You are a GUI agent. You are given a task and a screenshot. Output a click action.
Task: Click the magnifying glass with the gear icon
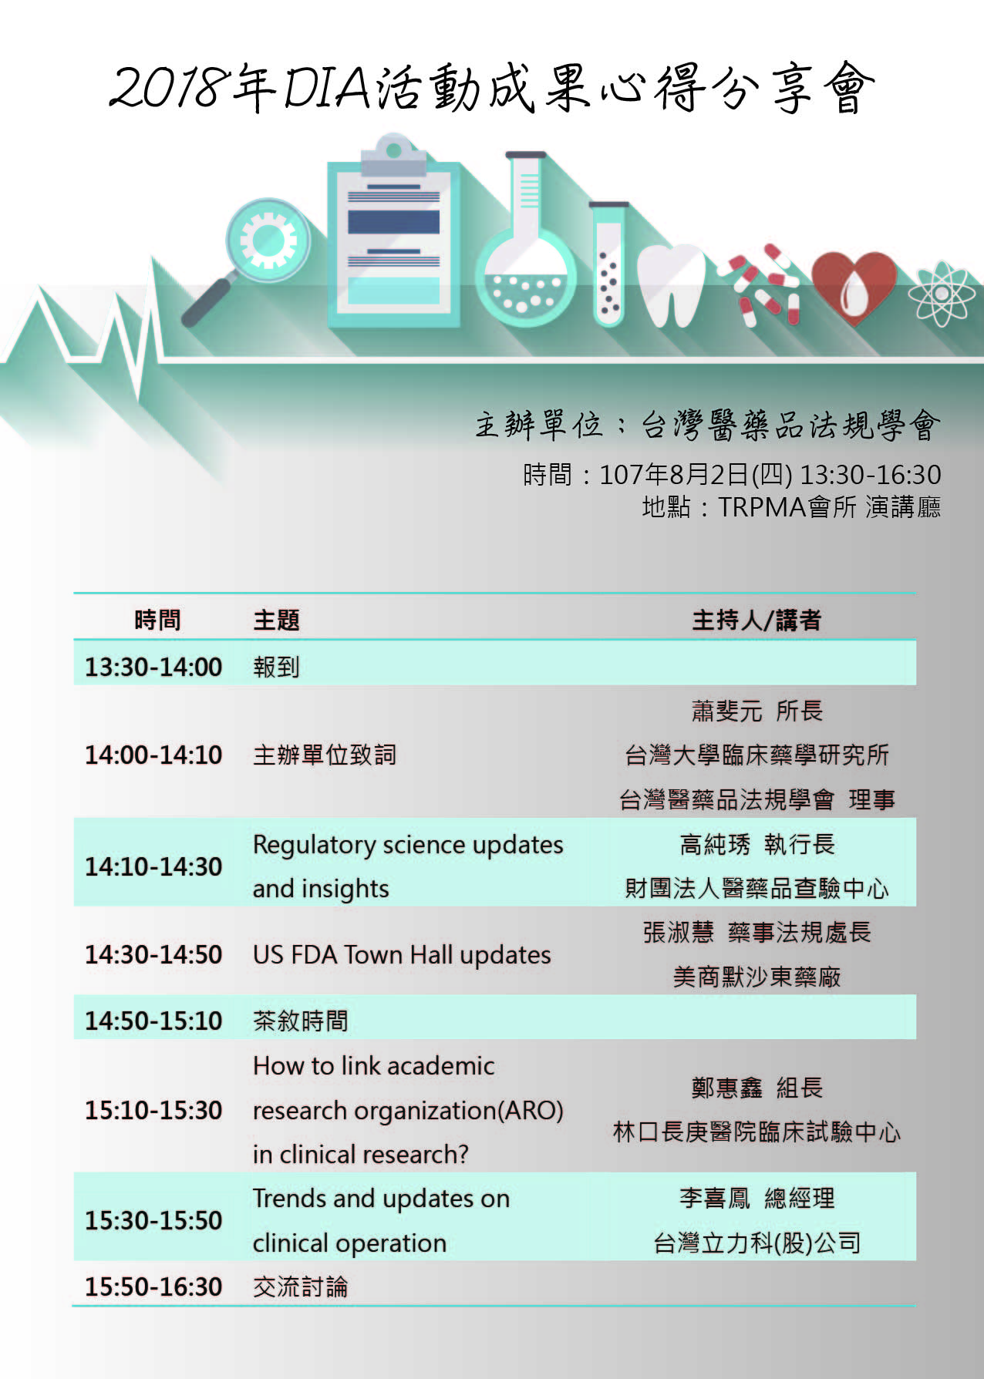[x=254, y=254]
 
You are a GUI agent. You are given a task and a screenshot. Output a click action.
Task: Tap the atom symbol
[x=941, y=294]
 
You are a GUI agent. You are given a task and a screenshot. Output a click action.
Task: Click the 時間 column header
[x=157, y=620]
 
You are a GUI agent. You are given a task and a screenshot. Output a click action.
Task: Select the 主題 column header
[x=276, y=620]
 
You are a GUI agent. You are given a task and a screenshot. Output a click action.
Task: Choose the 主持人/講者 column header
[x=757, y=620]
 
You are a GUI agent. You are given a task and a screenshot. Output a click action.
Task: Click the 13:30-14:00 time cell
[x=153, y=667]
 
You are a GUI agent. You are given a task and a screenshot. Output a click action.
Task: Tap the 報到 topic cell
[x=276, y=667]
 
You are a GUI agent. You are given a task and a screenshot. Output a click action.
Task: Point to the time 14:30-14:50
[x=153, y=955]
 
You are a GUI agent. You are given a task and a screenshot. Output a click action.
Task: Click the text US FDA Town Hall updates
[x=402, y=955]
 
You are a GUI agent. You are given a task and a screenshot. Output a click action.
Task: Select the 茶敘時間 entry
[x=300, y=1021]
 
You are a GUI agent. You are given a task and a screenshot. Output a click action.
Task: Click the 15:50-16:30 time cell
[x=153, y=1287]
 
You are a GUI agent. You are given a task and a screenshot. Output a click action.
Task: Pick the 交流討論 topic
[x=300, y=1287]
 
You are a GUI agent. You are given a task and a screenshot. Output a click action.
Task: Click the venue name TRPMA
[x=762, y=507]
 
